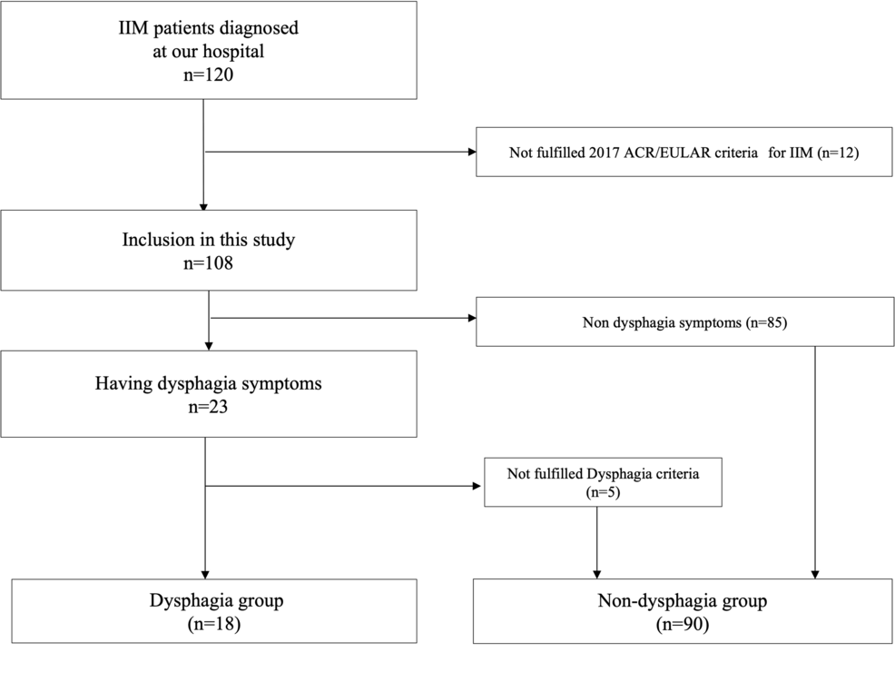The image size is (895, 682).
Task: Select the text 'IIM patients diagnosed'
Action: tap(209, 28)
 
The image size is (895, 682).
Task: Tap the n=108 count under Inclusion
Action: tap(209, 265)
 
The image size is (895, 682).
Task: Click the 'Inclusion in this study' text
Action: tap(209, 242)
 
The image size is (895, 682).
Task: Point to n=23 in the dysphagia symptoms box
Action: tap(209, 407)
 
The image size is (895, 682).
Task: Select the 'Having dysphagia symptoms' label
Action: tap(209, 383)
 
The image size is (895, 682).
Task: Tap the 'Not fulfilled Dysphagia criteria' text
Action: tap(604, 471)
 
